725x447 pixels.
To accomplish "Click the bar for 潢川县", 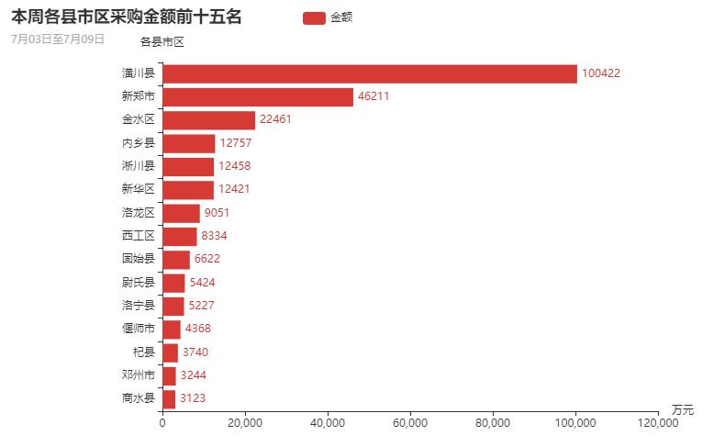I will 370,73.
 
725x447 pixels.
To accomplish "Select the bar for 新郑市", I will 258,96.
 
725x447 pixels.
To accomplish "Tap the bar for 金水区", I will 208,120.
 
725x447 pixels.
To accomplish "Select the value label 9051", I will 217,213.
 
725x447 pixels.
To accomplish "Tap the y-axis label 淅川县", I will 138,166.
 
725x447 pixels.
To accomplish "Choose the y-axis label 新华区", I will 138,189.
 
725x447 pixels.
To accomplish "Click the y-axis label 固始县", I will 138,259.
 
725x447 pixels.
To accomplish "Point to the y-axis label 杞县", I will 143,352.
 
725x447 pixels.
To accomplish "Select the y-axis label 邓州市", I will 138,374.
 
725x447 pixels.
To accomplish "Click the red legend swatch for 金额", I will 314,17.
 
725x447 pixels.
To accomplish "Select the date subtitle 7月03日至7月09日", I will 58,39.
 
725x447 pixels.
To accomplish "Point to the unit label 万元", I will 682,408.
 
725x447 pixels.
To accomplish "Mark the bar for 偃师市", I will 172,329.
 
